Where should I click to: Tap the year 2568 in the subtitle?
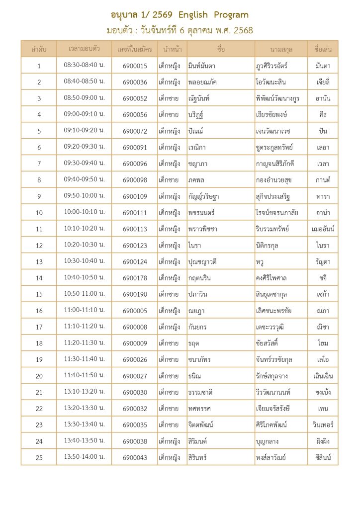coord(243,31)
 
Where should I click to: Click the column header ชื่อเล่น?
coord(323,49)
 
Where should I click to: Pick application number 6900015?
coord(135,66)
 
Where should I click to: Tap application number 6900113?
coord(135,229)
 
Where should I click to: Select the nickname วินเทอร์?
coord(323,425)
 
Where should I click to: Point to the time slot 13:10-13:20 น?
coord(84,392)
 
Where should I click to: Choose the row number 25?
coord(39,458)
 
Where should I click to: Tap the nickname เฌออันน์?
coord(323,229)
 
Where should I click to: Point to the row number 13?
coord(39,262)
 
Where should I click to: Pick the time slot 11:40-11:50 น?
coord(84,376)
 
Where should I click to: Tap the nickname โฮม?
coord(323,343)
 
